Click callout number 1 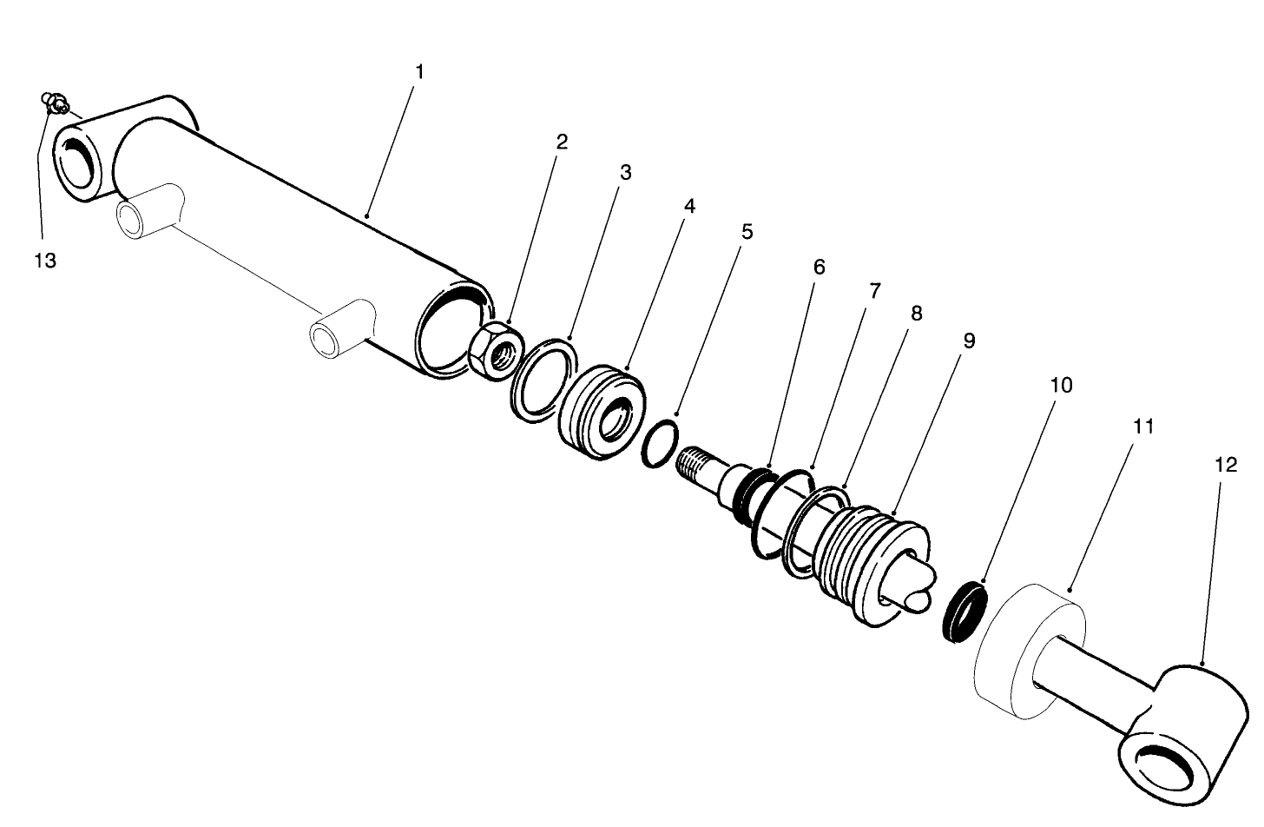click(x=419, y=72)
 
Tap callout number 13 click(x=45, y=261)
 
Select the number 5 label click(x=747, y=233)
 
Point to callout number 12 click(x=1225, y=466)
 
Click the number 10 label click(x=1061, y=386)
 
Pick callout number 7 click(x=874, y=291)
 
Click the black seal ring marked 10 click(x=965, y=613)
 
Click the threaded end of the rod click(x=699, y=466)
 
